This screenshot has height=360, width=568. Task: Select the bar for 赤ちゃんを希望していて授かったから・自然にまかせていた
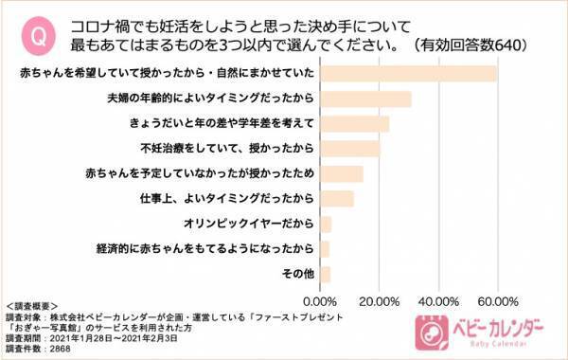point(409,74)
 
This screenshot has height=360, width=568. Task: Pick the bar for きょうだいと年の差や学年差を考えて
point(355,124)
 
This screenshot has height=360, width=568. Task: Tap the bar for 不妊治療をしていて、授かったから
point(350,149)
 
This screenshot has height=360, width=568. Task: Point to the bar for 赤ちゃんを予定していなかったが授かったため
point(342,173)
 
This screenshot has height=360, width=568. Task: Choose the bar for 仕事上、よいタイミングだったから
point(337,199)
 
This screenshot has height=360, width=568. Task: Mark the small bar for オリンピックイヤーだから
point(327,224)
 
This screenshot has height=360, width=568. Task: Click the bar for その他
point(326,274)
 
